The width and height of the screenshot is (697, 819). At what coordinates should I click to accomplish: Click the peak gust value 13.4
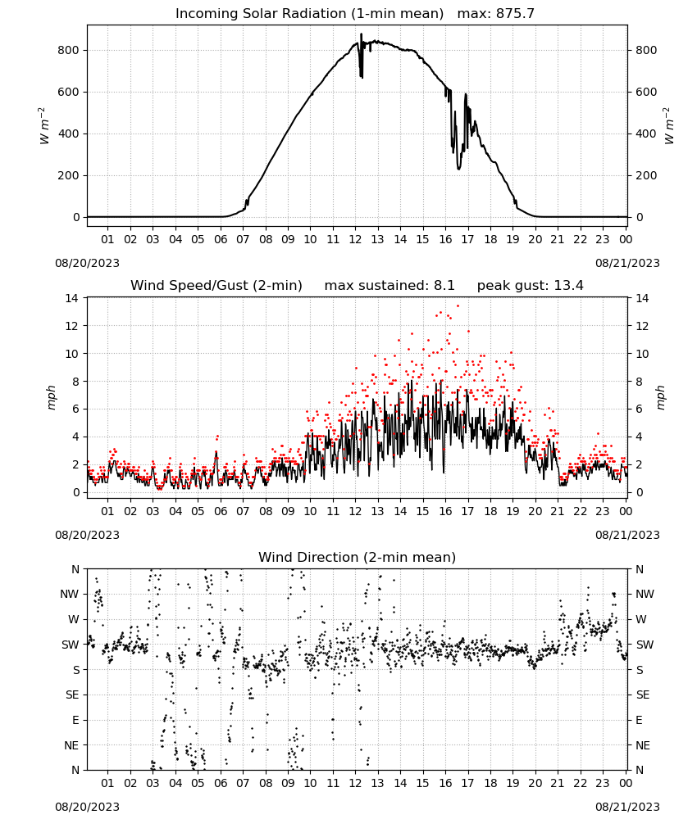568,285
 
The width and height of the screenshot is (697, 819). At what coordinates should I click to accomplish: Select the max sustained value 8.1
444,285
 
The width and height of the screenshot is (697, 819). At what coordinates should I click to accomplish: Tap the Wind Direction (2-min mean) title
358,557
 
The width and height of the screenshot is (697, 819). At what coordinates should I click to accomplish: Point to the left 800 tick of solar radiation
69,50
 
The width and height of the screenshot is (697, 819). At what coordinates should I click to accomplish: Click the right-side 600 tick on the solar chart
646,92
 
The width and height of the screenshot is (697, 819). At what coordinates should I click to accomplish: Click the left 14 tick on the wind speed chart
72,298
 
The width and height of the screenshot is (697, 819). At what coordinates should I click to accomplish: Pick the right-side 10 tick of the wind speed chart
642,354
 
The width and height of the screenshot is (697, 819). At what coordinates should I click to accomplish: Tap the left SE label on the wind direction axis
72,695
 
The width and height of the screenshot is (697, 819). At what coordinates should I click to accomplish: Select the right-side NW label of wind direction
645,594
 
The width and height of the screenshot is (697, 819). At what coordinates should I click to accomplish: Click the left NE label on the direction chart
71,745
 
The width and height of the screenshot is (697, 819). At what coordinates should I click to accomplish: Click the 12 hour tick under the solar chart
356,239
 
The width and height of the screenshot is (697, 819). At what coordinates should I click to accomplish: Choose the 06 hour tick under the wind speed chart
221,511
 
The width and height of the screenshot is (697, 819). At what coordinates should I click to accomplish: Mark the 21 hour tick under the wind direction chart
558,783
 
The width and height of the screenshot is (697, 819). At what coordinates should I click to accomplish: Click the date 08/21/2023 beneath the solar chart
627,263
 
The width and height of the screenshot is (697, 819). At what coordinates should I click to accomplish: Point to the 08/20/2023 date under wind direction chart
87,807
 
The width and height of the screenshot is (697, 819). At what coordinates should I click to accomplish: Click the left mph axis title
51,397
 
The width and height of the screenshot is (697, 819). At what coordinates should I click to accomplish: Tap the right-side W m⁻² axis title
669,126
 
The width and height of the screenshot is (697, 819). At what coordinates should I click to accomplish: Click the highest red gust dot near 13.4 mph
458,305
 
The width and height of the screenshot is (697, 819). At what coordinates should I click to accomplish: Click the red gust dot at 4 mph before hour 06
217,437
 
